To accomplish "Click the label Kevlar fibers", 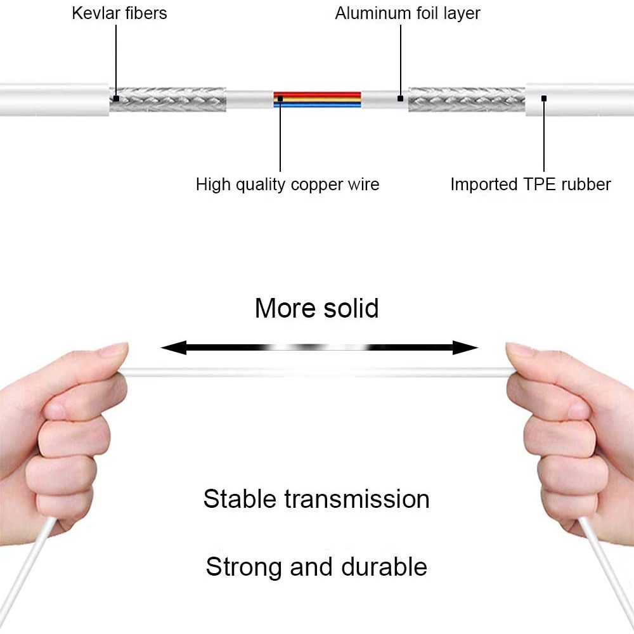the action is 119,13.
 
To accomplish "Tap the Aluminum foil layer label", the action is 408,13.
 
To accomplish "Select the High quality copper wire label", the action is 287,184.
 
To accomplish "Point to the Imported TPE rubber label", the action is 530,184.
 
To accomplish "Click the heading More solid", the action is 316,309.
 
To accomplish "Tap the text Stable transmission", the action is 316,499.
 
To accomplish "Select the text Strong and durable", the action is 316,566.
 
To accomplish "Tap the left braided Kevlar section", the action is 168,100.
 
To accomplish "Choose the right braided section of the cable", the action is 467,100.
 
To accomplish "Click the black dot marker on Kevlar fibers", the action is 116,98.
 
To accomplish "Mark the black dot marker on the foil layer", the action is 400,98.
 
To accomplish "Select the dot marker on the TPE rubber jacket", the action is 544,98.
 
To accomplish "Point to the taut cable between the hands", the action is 317,371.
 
